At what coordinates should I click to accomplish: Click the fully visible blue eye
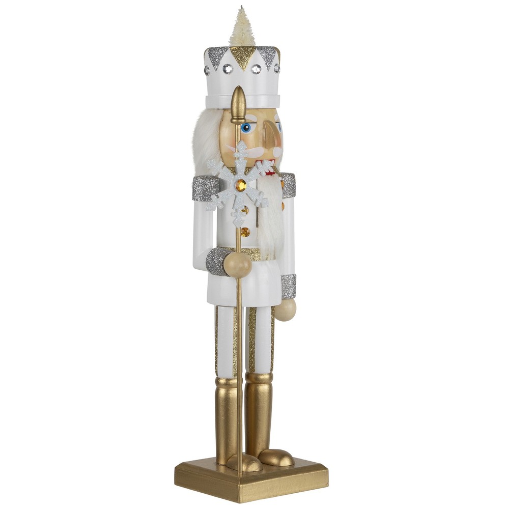click(x=247, y=127)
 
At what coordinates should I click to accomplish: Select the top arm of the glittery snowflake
click(x=240, y=153)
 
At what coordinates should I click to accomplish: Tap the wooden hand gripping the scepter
click(x=238, y=265)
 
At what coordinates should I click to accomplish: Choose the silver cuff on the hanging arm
click(x=289, y=286)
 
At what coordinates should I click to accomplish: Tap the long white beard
click(x=272, y=219)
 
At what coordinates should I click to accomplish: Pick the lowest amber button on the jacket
click(x=246, y=232)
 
